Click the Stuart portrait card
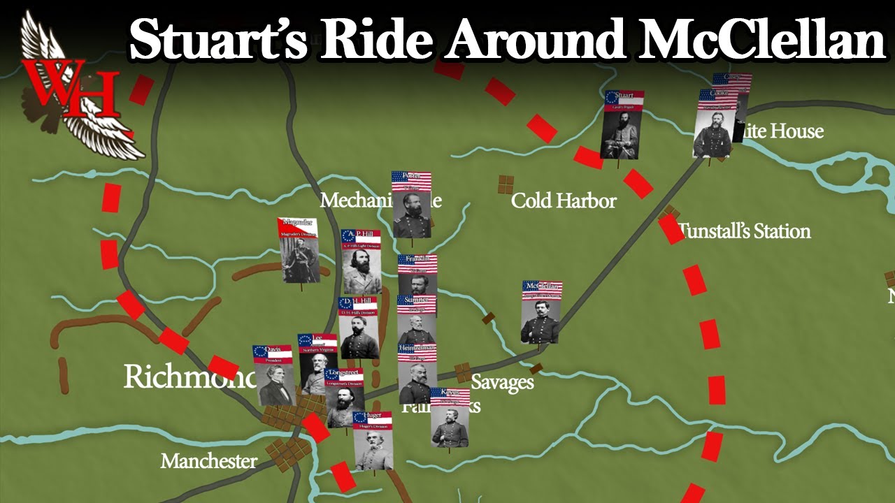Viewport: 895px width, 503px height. click(x=621, y=126)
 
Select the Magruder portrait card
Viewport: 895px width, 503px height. click(x=300, y=250)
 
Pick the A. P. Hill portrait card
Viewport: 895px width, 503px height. click(x=361, y=261)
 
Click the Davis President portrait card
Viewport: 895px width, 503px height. click(x=273, y=375)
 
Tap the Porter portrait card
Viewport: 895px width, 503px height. click(x=411, y=204)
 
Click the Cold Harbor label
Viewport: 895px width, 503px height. click(x=564, y=201)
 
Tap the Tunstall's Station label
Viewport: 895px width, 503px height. click(x=745, y=231)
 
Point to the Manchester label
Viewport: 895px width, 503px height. click(x=208, y=461)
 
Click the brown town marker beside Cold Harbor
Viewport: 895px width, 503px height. click(x=505, y=184)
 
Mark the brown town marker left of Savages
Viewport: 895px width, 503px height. click(x=462, y=372)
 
